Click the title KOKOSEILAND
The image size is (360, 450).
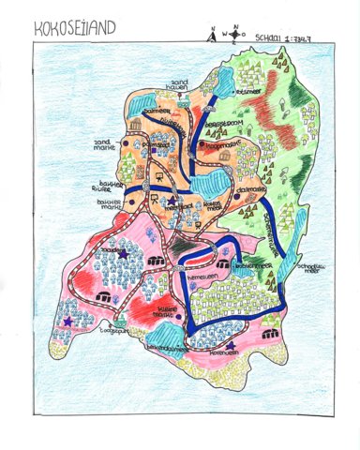pos(75,29)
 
